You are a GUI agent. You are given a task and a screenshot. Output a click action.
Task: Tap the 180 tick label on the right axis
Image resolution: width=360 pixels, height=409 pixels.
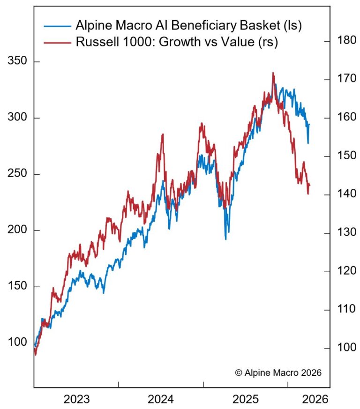[346, 41]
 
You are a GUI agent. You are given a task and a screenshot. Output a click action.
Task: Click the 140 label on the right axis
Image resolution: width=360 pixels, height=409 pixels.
[346, 194]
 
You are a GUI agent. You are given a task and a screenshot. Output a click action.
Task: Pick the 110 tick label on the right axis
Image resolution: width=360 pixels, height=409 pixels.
[346, 309]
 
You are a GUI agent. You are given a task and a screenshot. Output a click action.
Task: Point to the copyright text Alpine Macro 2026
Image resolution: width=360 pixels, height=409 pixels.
[278, 372]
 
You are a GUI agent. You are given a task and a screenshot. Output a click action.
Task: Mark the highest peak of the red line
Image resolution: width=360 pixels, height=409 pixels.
[273, 73]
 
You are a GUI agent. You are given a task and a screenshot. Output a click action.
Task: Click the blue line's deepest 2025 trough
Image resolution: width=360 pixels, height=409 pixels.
[226, 239]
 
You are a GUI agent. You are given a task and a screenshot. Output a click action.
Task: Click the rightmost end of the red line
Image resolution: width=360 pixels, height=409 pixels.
[310, 186]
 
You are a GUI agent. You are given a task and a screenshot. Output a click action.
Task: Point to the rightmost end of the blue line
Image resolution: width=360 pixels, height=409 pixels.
[309, 125]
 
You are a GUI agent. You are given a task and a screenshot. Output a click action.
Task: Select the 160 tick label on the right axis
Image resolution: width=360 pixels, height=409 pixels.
[346, 117]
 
